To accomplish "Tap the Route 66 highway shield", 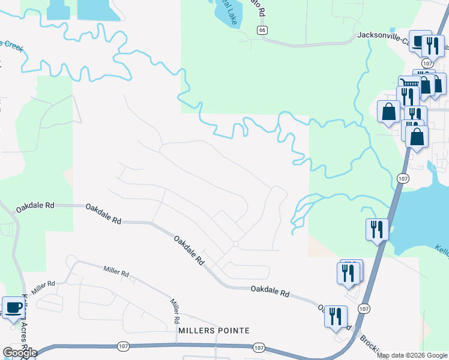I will pyautogui.click(x=262, y=29).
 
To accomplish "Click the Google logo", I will pyautogui.click(x=20, y=352).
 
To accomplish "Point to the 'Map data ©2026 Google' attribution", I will pyautogui.click(x=412, y=355).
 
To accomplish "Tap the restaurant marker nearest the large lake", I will pyautogui.click(x=377, y=229).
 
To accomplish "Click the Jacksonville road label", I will pyautogui.click(x=384, y=35).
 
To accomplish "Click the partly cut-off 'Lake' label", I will pyautogui.click(x=229, y=13).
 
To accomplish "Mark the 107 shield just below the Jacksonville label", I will pyautogui.click(x=427, y=63).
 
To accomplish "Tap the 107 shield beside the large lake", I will pyautogui.click(x=402, y=178).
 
